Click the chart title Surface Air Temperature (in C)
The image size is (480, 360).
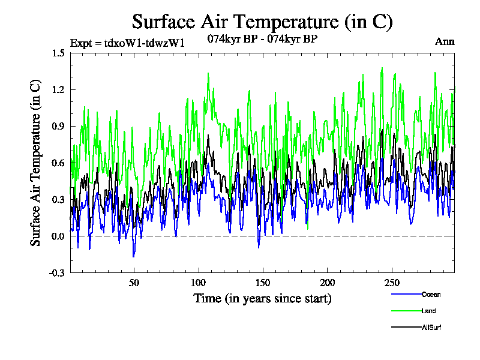click(x=262, y=22)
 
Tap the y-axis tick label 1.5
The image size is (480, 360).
click(x=58, y=53)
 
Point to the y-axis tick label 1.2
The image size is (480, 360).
click(x=58, y=89)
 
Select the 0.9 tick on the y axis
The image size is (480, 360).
click(x=58, y=126)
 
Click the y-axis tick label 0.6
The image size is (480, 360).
click(x=58, y=163)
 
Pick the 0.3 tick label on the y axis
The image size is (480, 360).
click(x=58, y=199)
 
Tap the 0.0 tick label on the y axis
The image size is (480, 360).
click(x=58, y=236)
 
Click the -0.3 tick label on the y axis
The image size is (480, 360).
click(x=57, y=272)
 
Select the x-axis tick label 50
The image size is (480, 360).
click(x=134, y=283)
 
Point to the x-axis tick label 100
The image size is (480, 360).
click(x=199, y=283)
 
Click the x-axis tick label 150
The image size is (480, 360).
click(x=263, y=283)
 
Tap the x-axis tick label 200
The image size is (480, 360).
click(x=327, y=283)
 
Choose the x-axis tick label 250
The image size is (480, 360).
click(x=391, y=283)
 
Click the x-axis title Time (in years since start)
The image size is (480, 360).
click(x=262, y=298)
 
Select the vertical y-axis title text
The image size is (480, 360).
click(x=36, y=163)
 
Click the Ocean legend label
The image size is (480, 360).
click(x=431, y=295)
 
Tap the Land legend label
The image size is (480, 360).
click(x=428, y=311)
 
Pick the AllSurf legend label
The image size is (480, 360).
click(x=431, y=328)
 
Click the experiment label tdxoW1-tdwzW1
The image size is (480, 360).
click(x=127, y=43)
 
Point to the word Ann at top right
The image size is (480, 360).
click(x=445, y=42)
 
